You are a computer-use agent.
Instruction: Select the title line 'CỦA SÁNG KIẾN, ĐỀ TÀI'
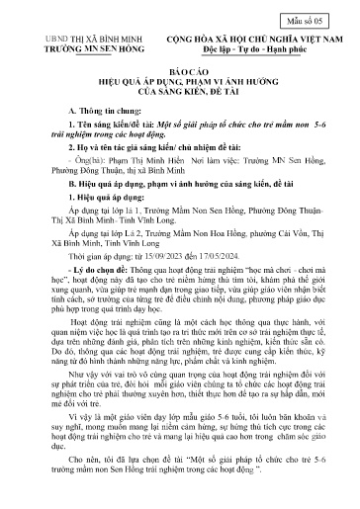180,97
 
